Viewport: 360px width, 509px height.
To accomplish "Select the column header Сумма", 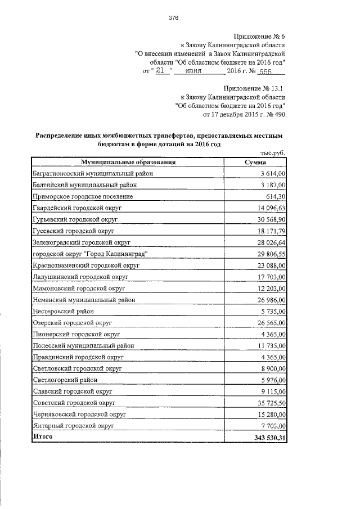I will click(254, 163).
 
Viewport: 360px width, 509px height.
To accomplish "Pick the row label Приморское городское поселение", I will click(83, 196).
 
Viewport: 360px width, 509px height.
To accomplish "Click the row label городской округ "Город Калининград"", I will click(90, 254).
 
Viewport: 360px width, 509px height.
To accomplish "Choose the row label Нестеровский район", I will click(62, 311).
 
